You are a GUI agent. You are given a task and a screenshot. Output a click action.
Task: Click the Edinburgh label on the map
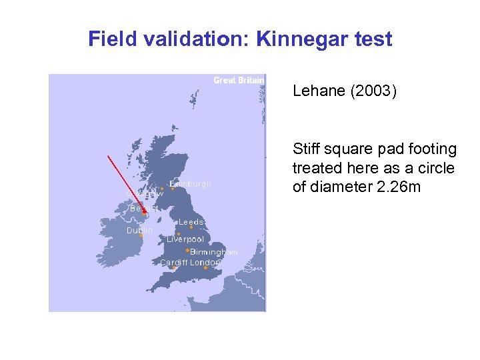(x=191, y=183)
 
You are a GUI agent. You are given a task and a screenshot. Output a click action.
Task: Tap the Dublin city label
(x=139, y=230)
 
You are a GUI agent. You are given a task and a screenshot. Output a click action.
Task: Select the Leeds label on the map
(x=191, y=221)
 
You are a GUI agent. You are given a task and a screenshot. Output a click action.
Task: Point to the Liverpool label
(x=185, y=239)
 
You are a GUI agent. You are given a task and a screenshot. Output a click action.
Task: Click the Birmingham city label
(x=213, y=252)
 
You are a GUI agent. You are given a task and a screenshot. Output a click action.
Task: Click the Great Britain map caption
(x=239, y=80)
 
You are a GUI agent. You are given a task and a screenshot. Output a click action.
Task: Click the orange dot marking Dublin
(x=141, y=235)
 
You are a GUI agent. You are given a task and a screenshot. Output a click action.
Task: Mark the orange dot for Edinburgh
(x=173, y=188)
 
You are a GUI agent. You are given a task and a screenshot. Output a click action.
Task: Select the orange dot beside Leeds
(x=191, y=227)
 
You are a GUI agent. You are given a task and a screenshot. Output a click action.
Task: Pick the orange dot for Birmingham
(x=187, y=251)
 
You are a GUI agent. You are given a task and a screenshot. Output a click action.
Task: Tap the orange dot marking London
(x=206, y=268)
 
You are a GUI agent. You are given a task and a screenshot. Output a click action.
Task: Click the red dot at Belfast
(x=144, y=213)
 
